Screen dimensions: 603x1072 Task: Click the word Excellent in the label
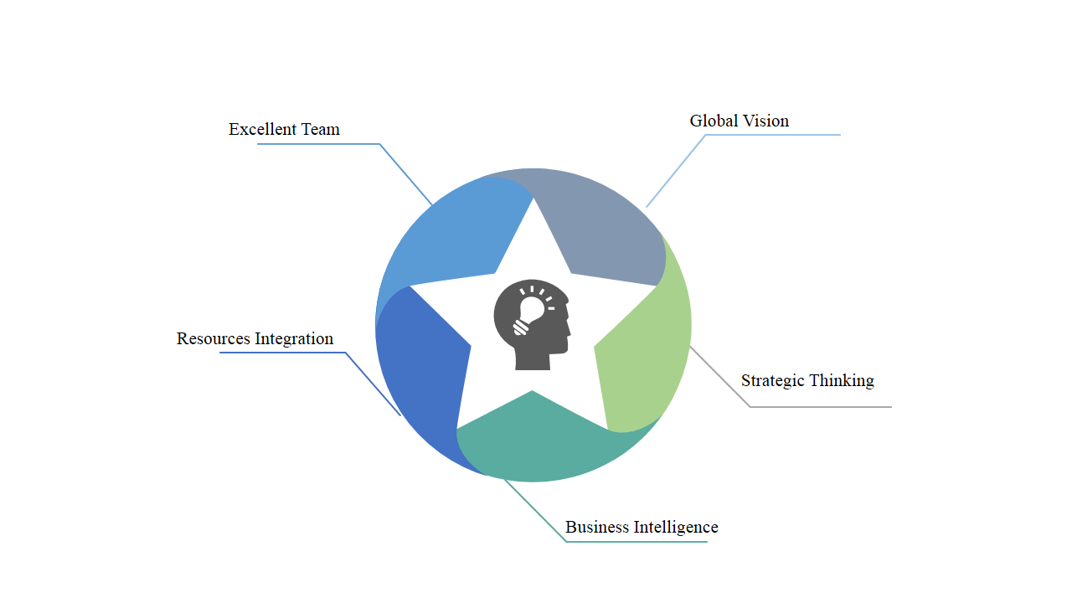coord(261,129)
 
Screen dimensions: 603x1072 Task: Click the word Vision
coord(765,121)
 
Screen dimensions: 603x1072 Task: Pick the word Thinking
coord(842,380)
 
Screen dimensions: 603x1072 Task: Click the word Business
coord(597,527)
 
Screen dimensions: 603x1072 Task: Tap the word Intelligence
coord(676,527)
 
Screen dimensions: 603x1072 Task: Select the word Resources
coord(214,338)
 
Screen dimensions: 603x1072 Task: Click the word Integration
coord(294,338)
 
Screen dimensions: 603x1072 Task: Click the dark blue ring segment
coord(419,360)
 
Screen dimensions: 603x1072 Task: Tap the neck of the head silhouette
coord(533,358)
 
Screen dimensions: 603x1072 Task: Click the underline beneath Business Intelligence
coord(636,542)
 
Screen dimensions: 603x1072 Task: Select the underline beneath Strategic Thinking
coord(821,407)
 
